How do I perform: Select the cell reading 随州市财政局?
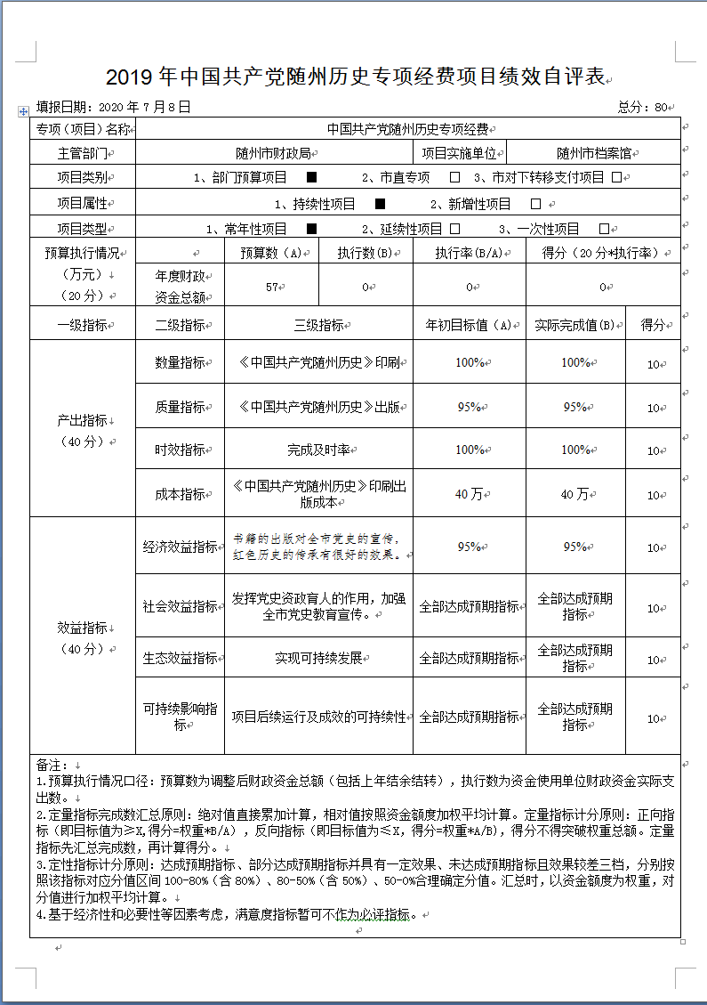click(274, 153)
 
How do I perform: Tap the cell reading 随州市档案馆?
click(592, 153)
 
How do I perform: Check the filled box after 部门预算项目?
click(311, 177)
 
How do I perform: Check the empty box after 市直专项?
click(454, 177)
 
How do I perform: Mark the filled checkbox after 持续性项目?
click(380, 204)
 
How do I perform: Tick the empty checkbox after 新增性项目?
click(535, 204)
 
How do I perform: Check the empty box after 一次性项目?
click(604, 229)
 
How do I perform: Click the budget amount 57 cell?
click(272, 287)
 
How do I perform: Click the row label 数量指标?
click(180, 362)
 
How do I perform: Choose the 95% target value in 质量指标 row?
click(469, 407)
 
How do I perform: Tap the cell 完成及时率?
click(317, 450)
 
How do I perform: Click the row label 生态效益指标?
click(180, 658)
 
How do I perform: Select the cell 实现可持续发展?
click(317, 658)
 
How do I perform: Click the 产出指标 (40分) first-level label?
click(83, 429)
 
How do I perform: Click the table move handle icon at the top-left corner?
click(23, 111)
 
